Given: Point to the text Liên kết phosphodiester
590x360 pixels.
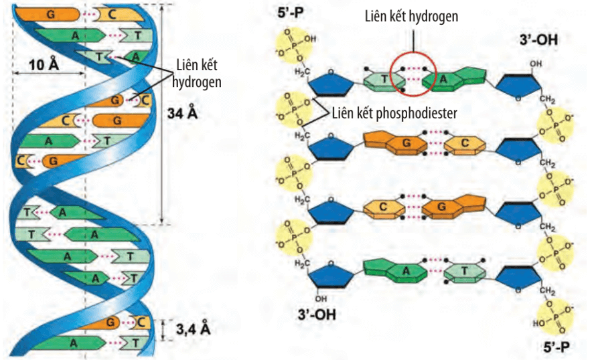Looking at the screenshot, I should coord(394,113).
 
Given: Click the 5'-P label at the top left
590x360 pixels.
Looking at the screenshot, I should coord(290,13).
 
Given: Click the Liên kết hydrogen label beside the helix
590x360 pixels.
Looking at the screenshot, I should coord(197,74).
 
